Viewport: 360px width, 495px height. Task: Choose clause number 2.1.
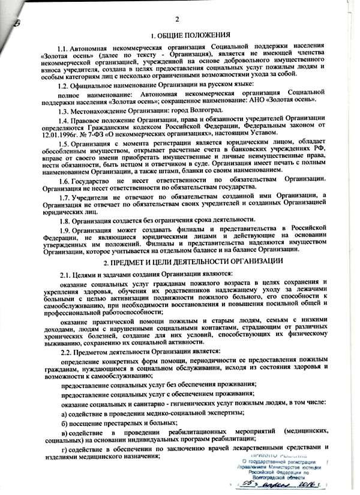click(66, 274)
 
